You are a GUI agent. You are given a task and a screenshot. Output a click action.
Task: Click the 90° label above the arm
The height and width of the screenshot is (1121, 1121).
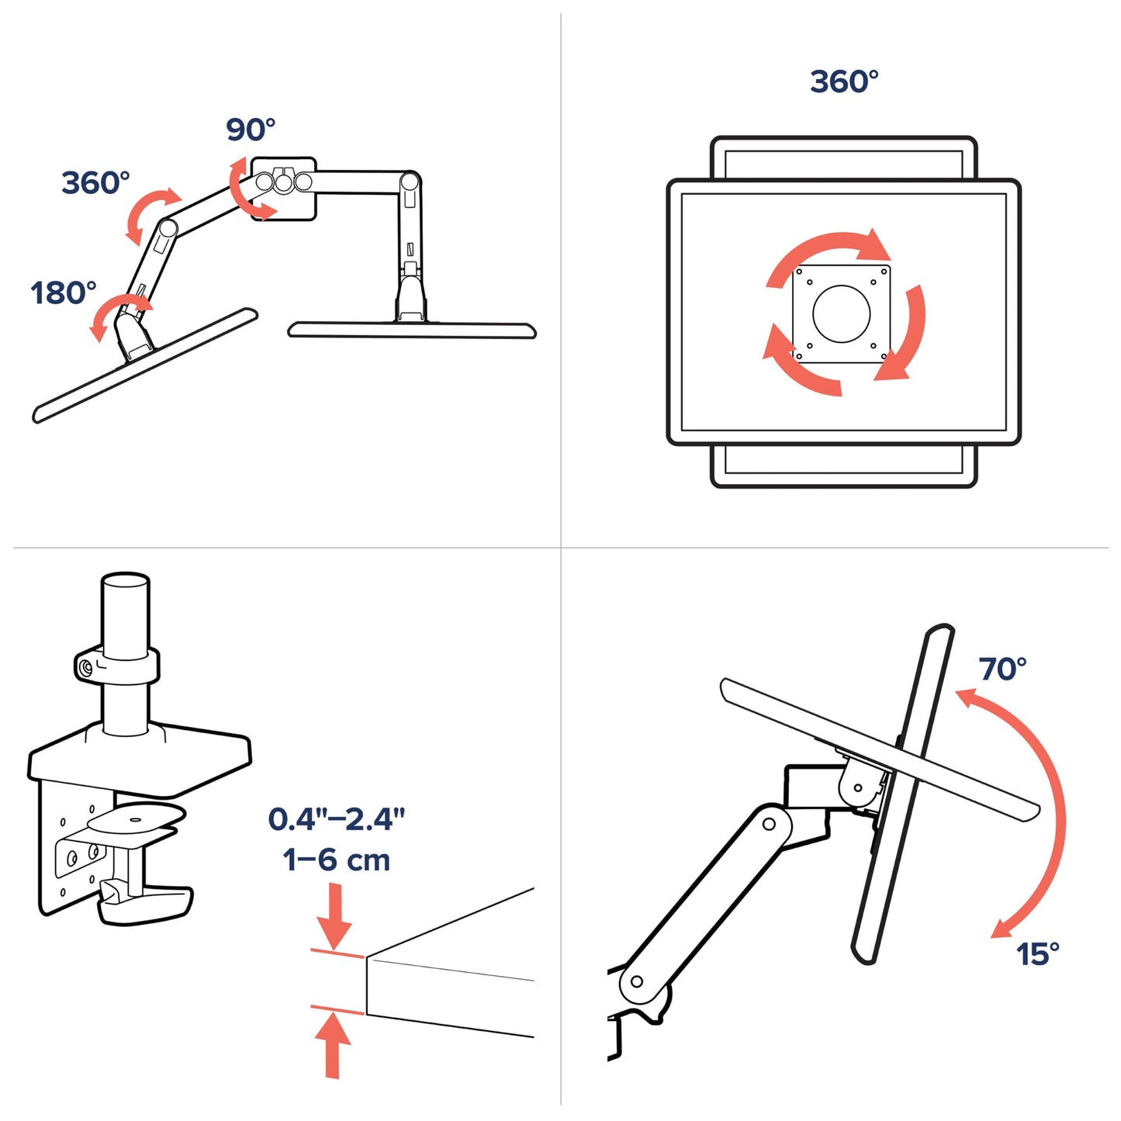click(x=250, y=130)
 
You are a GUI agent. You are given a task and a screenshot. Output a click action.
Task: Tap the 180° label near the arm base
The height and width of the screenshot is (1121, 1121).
click(x=64, y=293)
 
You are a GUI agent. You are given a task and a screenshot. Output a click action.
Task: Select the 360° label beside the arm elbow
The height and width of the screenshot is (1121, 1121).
click(x=95, y=183)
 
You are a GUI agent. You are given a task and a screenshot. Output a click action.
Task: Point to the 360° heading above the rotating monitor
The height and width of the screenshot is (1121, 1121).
click(x=844, y=81)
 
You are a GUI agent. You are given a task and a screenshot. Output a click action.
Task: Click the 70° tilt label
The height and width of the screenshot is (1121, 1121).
click(x=1002, y=669)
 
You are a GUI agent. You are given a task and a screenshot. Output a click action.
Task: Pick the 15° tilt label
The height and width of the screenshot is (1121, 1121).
click(x=1037, y=954)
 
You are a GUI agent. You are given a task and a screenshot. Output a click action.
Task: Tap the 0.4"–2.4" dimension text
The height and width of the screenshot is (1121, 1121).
click(x=336, y=819)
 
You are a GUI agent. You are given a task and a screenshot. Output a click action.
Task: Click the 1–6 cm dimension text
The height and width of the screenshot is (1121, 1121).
click(x=336, y=860)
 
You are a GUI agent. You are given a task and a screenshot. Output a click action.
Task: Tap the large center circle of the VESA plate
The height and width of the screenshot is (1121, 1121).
click(x=841, y=313)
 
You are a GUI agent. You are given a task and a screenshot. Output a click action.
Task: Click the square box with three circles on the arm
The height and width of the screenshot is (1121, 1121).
click(x=283, y=189)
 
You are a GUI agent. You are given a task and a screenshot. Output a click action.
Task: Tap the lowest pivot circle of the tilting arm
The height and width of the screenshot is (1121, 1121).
click(x=637, y=981)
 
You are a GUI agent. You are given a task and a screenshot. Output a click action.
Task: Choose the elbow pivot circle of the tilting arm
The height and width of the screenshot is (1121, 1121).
click(x=769, y=824)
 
